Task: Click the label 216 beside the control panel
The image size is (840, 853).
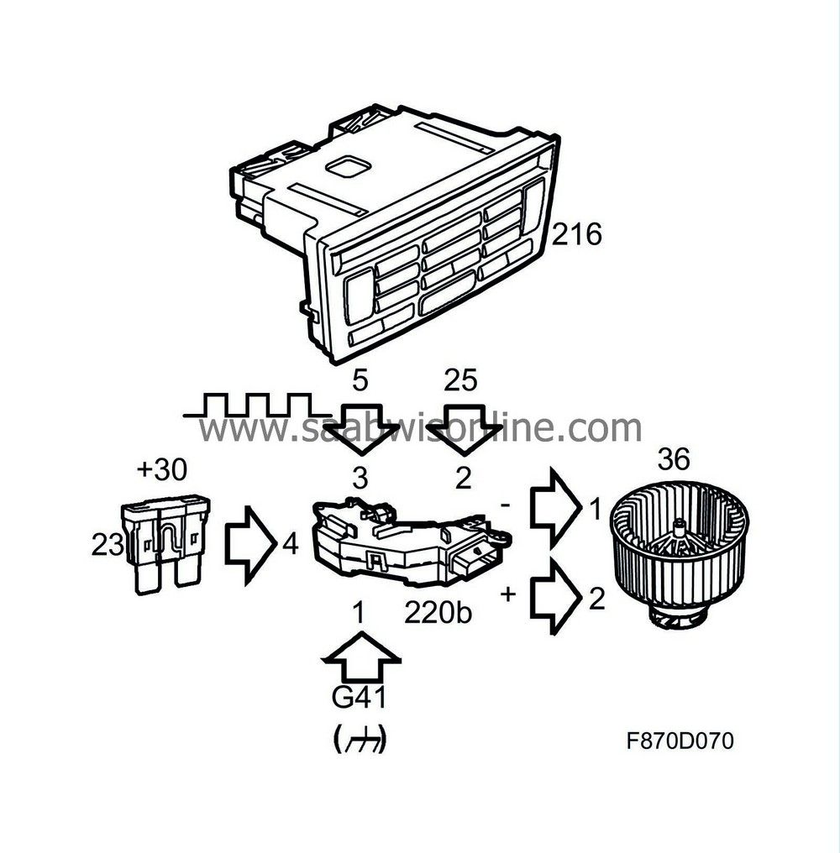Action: pyautogui.click(x=577, y=234)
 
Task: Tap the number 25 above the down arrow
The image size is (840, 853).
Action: pyautogui.click(x=461, y=380)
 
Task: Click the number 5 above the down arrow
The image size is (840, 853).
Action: pyautogui.click(x=360, y=380)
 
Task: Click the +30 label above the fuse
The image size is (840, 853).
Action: pyautogui.click(x=162, y=470)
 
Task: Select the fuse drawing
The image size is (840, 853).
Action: pyautogui.click(x=165, y=543)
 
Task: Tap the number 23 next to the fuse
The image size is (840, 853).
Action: pyautogui.click(x=108, y=546)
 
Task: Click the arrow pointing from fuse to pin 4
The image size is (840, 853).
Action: pyautogui.click(x=249, y=544)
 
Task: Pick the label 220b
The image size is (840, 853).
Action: pyautogui.click(x=438, y=613)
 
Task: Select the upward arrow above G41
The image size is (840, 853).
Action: pyautogui.click(x=361, y=661)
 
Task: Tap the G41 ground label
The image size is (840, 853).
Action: pyautogui.click(x=360, y=699)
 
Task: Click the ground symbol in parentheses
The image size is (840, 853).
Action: pyautogui.click(x=360, y=739)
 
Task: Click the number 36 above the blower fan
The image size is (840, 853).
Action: pyautogui.click(x=674, y=460)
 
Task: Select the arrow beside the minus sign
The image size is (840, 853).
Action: pyautogui.click(x=554, y=508)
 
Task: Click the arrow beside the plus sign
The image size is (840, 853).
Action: pyautogui.click(x=554, y=598)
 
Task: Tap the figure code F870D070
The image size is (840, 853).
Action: pyautogui.click(x=680, y=741)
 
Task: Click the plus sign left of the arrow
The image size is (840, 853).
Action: pyautogui.click(x=508, y=594)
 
